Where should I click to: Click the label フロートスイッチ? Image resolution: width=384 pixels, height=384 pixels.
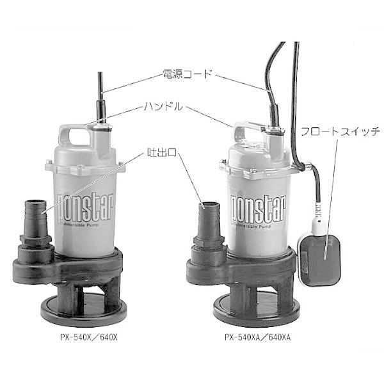340,131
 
